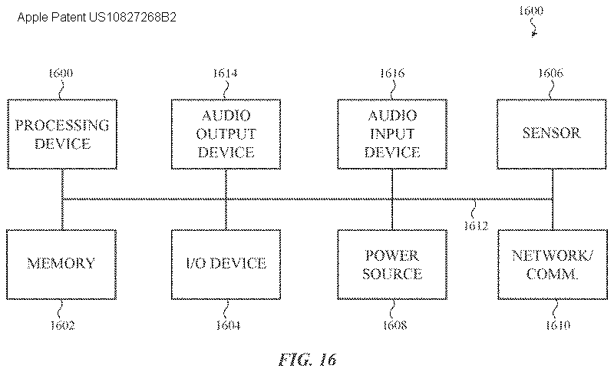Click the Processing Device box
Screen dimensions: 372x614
[62, 134]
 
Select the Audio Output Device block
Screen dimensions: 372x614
[226, 134]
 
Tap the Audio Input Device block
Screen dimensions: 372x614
[391, 134]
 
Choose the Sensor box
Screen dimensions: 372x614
[551, 134]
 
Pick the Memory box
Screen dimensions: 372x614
[62, 264]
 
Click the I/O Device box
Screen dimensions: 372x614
[226, 264]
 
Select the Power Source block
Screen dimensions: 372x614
[391, 264]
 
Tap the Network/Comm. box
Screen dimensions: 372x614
[551, 264]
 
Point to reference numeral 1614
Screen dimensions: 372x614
[226, 74]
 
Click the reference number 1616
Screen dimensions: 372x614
[391, 74]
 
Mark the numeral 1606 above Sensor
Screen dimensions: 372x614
[551, 74]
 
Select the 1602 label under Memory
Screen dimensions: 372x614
[62, 326]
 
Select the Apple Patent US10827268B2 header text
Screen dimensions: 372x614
[97, 16]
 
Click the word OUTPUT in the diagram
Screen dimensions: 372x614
[226, 134]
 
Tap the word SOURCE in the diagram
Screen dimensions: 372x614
[391, 273]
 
